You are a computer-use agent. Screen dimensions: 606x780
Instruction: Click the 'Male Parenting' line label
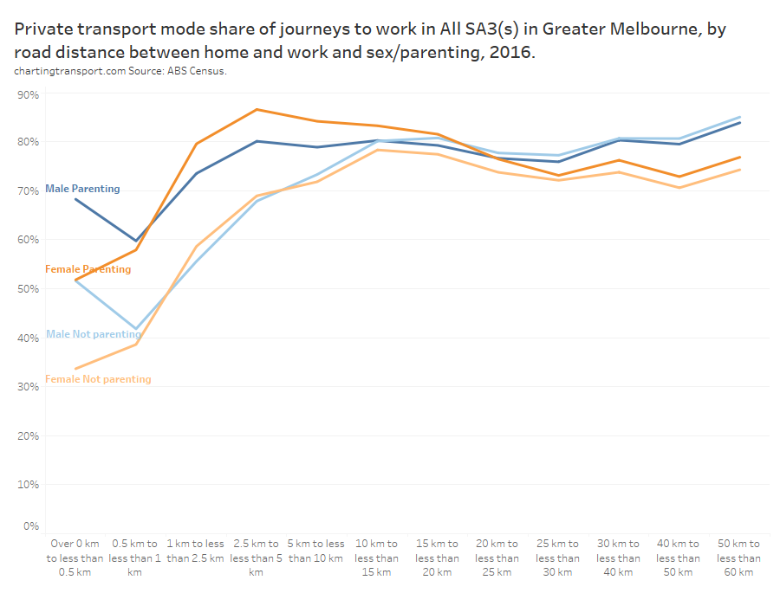82,189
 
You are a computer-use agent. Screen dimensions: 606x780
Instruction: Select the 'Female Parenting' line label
88,269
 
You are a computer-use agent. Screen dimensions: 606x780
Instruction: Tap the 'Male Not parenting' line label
93,334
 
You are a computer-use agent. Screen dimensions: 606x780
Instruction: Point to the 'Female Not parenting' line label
98,379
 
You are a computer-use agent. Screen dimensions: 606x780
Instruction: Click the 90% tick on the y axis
28,94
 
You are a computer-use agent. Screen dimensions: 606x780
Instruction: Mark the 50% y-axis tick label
28,288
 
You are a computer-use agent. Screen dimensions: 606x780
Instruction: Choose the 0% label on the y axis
30,525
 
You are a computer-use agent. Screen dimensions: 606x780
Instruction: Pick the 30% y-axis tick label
28,387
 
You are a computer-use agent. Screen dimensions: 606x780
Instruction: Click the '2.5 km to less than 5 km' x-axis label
256,558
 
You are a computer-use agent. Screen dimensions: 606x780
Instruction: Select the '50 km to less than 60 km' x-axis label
739,558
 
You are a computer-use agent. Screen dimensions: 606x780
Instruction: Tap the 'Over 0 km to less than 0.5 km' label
75,558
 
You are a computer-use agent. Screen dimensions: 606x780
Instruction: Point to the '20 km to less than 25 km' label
497,558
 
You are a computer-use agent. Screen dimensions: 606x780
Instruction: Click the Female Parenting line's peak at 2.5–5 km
257,110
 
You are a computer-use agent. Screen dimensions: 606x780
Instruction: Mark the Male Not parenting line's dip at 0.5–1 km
135,330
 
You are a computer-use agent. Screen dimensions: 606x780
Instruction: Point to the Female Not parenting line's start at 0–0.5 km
75,370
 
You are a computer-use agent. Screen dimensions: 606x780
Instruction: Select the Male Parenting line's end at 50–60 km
739,123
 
